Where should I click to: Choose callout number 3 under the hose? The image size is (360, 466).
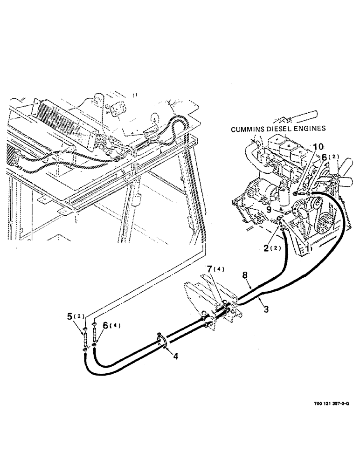coord(266,309)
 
